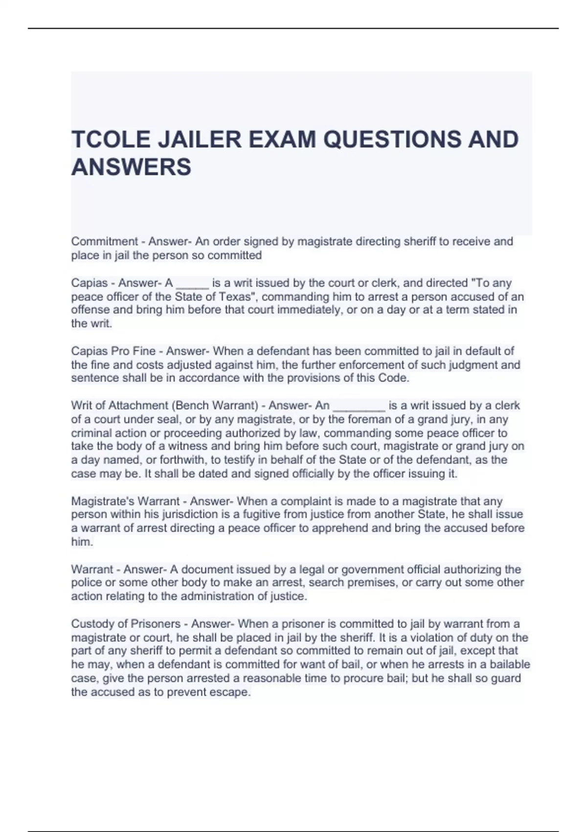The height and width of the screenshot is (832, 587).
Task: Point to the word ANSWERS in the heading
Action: pyautogui.click(x=131, y=167)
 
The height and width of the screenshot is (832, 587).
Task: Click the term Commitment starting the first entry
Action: pyautogui.click(x=104, y=242)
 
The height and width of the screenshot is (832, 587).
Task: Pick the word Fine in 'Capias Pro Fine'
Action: pyautogui.click(x=146, y=351)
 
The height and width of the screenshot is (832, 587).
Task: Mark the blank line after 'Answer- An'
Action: pyautogui.click(x=359, y=407)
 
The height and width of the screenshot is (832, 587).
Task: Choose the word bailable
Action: pyautogui.click(x=506, y=665)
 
